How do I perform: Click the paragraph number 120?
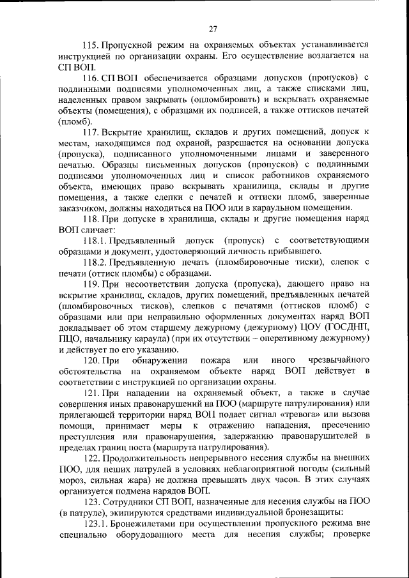coord(92,361)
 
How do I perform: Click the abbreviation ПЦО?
coord(70,339)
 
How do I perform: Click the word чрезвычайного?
coord(334,361)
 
